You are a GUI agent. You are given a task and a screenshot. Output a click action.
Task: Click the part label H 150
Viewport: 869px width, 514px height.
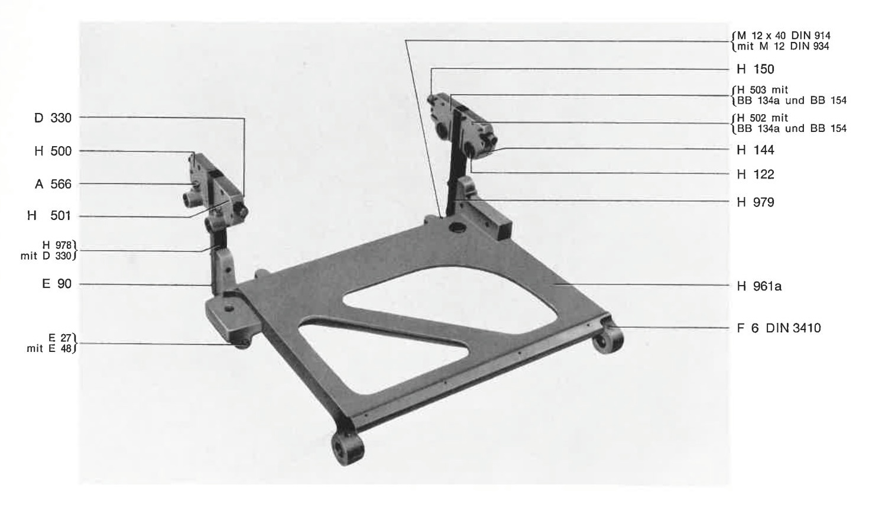click(755, 69)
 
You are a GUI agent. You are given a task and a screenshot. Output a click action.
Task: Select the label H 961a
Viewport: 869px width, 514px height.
click(759, 286)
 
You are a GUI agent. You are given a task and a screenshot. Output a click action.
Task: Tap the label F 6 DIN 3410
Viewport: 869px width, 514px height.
click(779, 328)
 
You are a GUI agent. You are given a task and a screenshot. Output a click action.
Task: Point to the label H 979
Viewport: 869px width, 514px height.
click(755, 203)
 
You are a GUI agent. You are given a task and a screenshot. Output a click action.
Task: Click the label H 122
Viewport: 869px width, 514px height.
click(755, 174)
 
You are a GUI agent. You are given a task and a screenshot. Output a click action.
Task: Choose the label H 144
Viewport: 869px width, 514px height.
click(755, 150)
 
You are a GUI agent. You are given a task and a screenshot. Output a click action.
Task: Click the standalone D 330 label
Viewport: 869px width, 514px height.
click(53, 118)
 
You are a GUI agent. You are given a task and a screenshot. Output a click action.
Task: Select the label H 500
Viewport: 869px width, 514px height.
click(53, 151)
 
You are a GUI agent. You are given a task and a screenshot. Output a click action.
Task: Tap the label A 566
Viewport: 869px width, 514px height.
click(53, 184)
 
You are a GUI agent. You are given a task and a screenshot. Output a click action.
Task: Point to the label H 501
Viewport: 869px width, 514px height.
click(49, 215)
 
